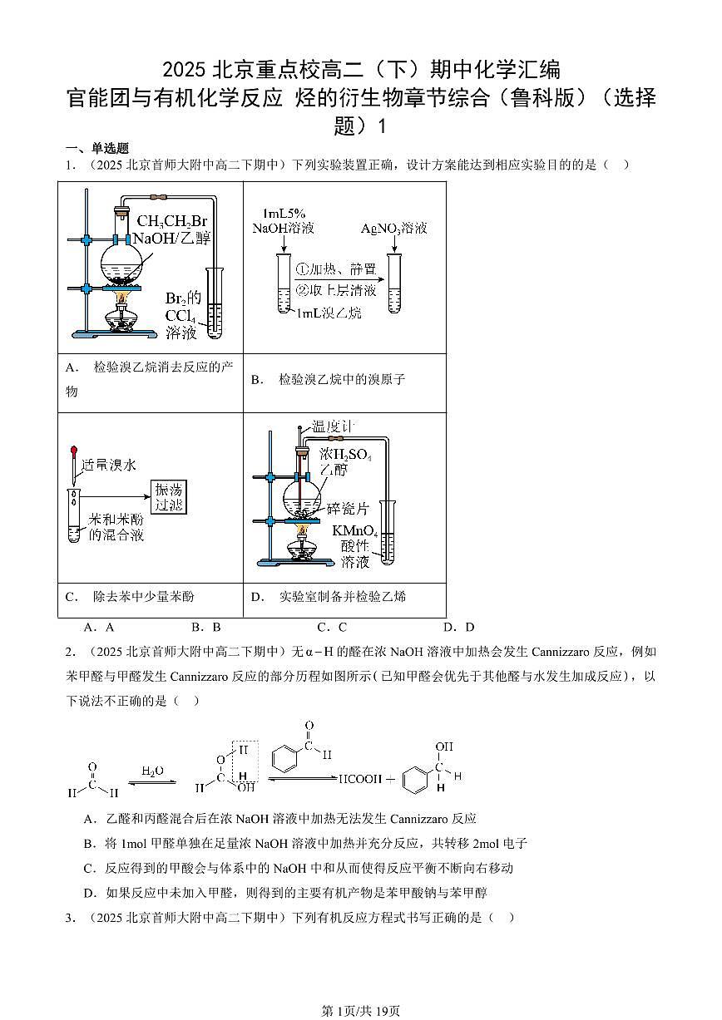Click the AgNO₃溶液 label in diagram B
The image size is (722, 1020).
point(394,229)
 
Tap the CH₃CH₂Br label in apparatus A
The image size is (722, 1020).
point(171,221)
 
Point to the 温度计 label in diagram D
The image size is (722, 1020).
point(332,426)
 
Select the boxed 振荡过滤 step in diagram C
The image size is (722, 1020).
point(169,496)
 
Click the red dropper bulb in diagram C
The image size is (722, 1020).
point(73,450)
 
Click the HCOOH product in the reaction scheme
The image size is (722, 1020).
point(360,780)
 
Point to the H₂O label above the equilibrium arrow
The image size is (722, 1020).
point(152,771)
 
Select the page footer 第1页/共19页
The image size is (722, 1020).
point(361,1011)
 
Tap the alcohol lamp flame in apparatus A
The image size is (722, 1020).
point(122,297)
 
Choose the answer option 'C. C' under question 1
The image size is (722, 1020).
point(332,628)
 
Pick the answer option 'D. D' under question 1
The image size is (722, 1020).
point(458,628)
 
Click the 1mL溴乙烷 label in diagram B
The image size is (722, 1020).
point(329,313)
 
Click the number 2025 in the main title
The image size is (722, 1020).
point(185,68)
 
